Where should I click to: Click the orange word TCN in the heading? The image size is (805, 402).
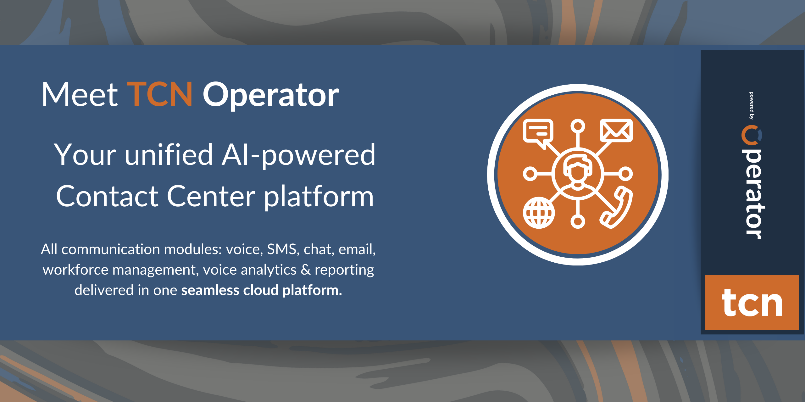pyautogui.click(x=160, y=94)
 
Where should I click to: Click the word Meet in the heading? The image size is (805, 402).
pyautogui.click(x=80, y=94)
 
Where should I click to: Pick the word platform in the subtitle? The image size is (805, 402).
pyautogui.click(x=319, y=197)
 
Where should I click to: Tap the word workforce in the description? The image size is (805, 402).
pyautogui.click(x=75, y=270)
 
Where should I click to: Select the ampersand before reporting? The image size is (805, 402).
pyautogui.click(x=306, y=270)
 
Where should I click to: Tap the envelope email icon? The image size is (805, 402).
pyautogui.click(x=616, y=130)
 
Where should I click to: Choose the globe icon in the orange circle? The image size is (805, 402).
pyautogui.click(x=539, y=213)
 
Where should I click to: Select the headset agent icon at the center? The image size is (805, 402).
pyautogui.click(x=578, y=173)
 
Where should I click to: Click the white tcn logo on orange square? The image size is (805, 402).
pyautogui.click(x=752, y=302)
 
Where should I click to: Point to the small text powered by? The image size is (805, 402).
pyautogui.click(x=751, y=106)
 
